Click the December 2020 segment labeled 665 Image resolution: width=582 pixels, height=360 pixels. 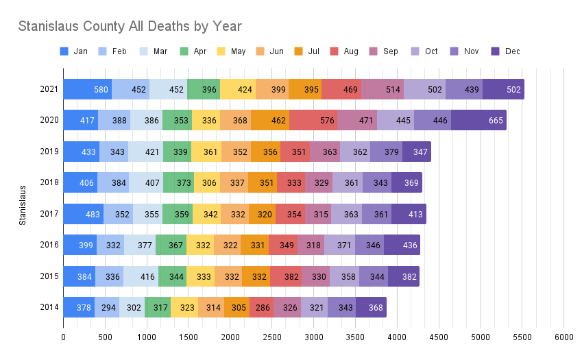click(478, 121)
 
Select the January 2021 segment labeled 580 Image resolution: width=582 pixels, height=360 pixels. click(88, 89)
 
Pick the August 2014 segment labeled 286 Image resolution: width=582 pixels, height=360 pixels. click(261, 307)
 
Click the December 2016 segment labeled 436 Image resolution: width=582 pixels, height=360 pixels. click(402, 245)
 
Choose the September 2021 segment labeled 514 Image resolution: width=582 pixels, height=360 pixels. click(383, 89)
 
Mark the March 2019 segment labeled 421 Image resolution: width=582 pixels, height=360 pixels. click(145, 152)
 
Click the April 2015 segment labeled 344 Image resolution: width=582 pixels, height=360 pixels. click(173, 276)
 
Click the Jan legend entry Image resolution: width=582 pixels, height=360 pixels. click(74, 51)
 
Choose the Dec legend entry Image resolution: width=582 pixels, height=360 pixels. click(505, 51)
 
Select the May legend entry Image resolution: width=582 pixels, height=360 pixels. click(231, 51)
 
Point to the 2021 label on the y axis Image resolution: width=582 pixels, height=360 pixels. click(49, 89)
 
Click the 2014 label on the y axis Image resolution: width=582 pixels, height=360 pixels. click(49, 307)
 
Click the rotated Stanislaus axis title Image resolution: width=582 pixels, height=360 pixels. click(23, 204)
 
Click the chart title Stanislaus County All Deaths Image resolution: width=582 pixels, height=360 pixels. click(130, 26)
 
